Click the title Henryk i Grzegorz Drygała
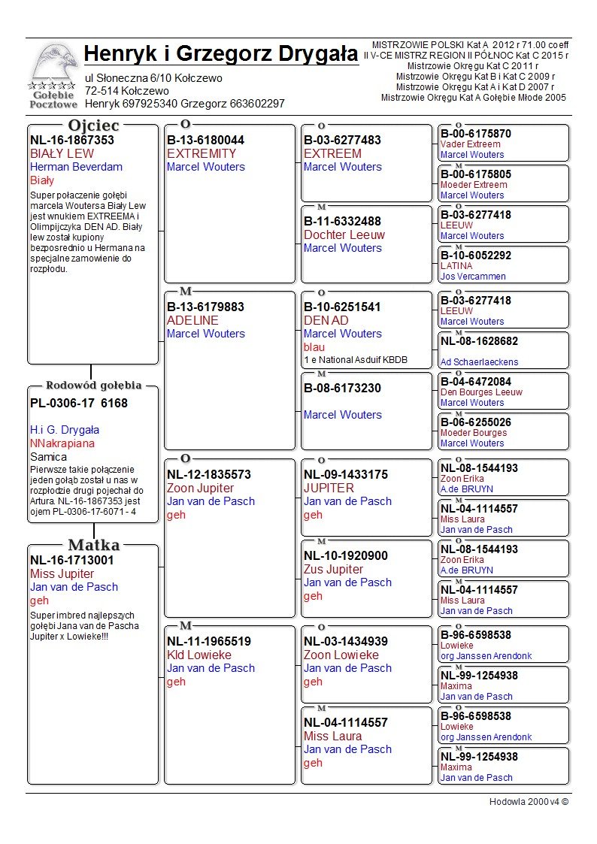click(x=221, y=55)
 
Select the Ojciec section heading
click(x=93, y=126)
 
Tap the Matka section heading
click(x=93, y=545)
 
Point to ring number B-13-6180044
click(x=205, y=141)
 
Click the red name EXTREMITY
click(x=202, y=154)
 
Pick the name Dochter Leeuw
click(x=344, y=235)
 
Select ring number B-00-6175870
click(x=476, y=134)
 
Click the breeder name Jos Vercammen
click(x=473, y=277)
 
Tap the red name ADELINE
click(x=192, y=321)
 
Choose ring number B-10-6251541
click(x=342, y=307)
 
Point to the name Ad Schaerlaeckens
click(x=479, y=362)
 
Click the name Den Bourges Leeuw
click(x=481, y=392)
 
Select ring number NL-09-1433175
click(x=346, y=475)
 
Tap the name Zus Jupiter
click(x=333, y=570)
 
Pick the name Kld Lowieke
click(x=198, y=655)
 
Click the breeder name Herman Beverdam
click(x=76, y=167)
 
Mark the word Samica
click(x=48, y=457)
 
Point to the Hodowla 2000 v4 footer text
click(x=529, y=802)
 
